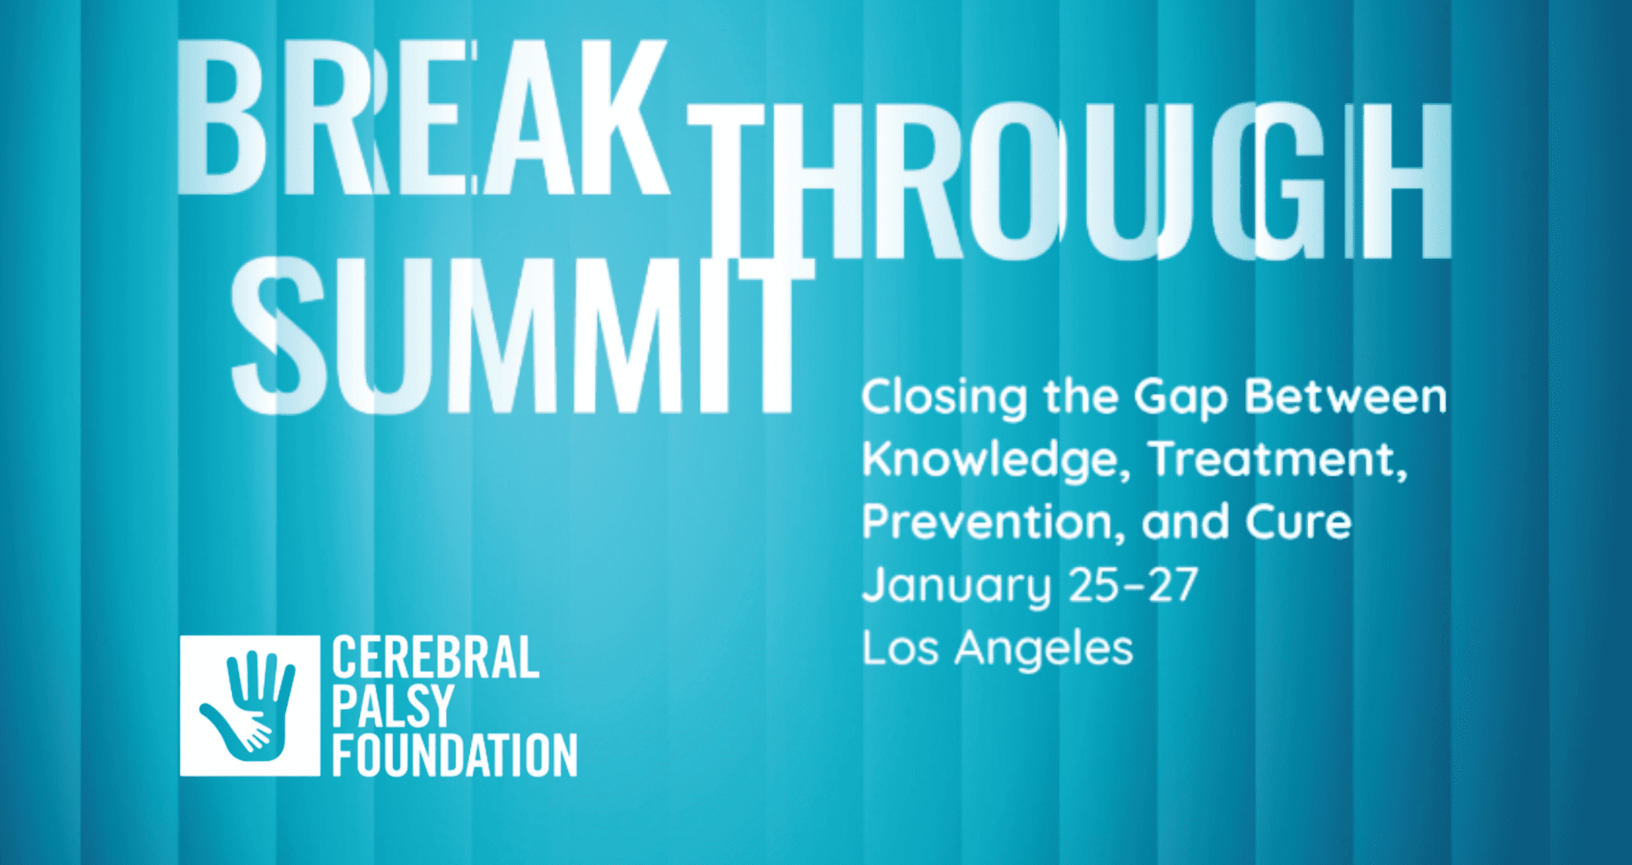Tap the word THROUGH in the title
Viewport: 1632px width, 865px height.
click(x=1070, y=182)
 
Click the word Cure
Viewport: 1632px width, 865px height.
click(x=1298, y=523)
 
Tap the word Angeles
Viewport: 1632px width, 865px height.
click(x=1044, y=648)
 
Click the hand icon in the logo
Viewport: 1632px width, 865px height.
click(x=249, y=705)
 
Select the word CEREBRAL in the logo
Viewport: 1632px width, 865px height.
click(x=435, y=658)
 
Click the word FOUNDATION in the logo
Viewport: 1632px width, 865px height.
click(x=455, y=755)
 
